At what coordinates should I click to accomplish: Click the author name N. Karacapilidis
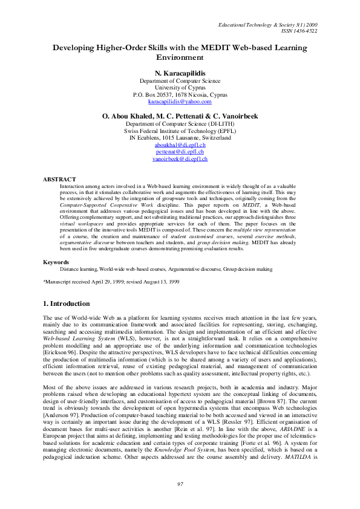(x=180, y=73)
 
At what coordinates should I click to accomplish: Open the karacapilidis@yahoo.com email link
(x=180, y=102)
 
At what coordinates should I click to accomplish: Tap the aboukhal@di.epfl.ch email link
(x=180, y=145)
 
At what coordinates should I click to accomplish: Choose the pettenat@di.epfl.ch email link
(x=180, y=152)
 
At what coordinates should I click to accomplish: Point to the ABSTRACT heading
(x=59, y=180)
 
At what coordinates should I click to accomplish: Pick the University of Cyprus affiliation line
(x=180, y=87)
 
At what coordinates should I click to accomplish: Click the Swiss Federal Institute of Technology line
(x=180, y=131)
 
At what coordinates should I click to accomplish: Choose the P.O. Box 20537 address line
(x=180, y=94)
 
